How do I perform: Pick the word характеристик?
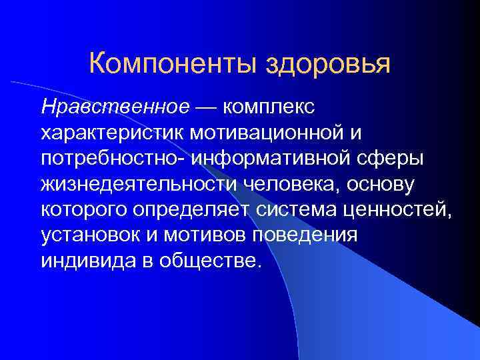point(112,133)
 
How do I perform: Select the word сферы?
point(387,159)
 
